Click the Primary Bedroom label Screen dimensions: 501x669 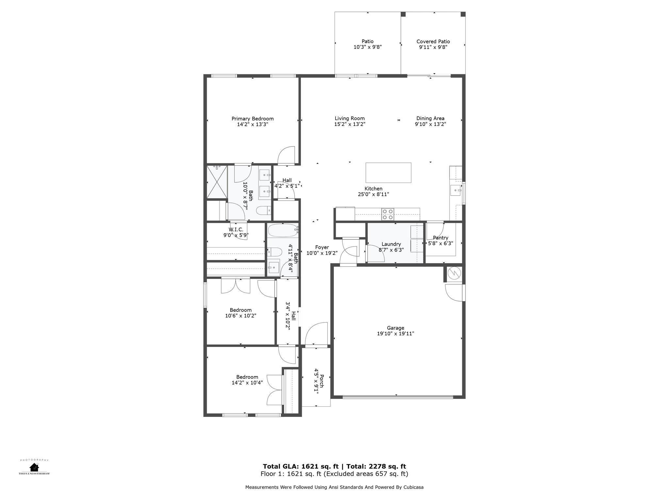pyautogui.click(x=253, y=119)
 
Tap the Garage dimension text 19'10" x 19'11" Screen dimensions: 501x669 pyautogui.click(x=395, y=334)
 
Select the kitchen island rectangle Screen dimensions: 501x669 pyautogui.click(x=388, y=173)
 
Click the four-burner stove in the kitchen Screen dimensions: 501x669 pyautogui.click(x=388, y=214)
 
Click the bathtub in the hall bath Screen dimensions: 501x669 pyautogui.click(x=283, y=230)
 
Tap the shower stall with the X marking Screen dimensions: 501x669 pyautogui.click(x=217, y=182)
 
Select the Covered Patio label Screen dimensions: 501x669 pyautogui.click(x=433, y=41)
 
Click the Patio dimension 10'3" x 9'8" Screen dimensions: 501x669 pyautogui.click(x=367, y=47)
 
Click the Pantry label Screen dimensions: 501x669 pyautogui.click(x=440, y=238)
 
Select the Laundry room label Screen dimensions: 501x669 pyautogui.click(x=391, y=244)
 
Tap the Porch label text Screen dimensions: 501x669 pyautogui.click(x=321, y=381)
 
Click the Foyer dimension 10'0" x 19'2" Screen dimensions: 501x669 pyautogui.click(x=322, y=253)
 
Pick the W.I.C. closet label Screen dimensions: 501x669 pyautogui.click(x=236, y=230)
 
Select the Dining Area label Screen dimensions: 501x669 pyautogui.click(x=430, y=118)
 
